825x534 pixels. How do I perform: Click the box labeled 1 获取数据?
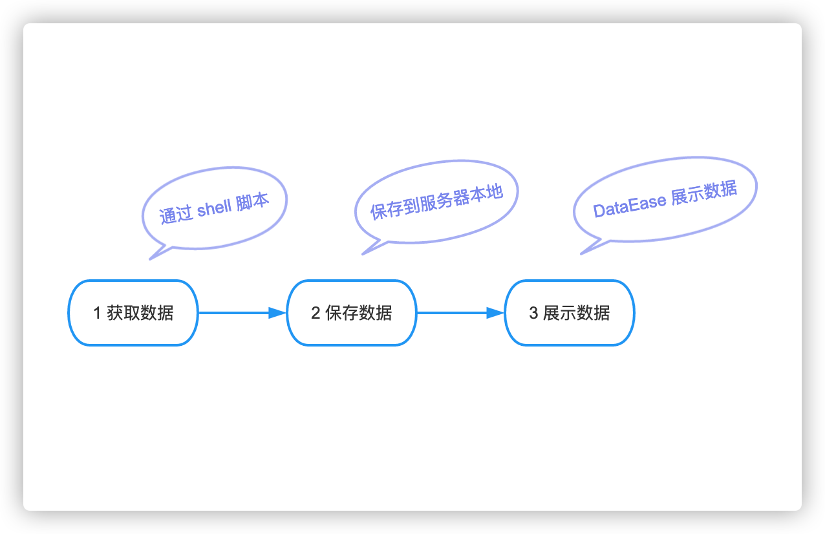(133, 313)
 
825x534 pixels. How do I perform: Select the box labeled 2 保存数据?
(351, 313)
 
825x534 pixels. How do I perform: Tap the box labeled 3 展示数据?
(569, 313)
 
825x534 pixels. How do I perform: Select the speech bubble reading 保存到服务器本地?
(436, 200)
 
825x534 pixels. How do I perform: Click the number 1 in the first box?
(97, 314)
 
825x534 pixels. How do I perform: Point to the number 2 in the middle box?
(316, 314)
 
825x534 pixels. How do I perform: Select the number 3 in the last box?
(533, 314)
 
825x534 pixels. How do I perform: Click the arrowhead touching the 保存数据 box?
(278, 313)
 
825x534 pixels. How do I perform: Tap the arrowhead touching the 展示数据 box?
(496, 313)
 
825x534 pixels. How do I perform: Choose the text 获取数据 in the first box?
(140, 314)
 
